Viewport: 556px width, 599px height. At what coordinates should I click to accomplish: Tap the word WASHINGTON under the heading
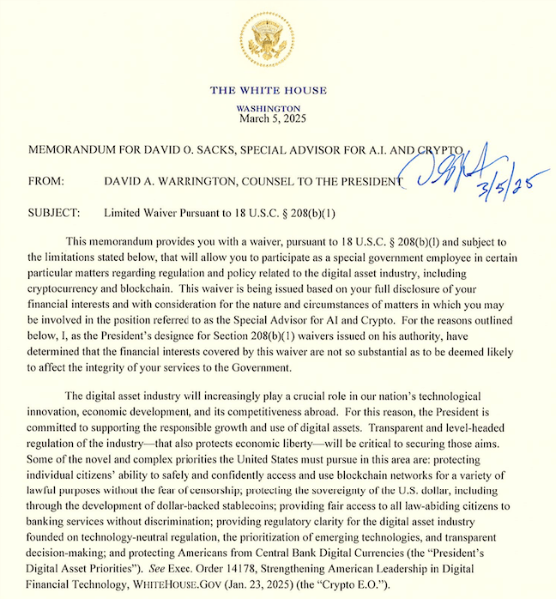(x=268, y=109)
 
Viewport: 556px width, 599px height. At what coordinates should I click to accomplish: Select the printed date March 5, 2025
(x=268, y=119)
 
